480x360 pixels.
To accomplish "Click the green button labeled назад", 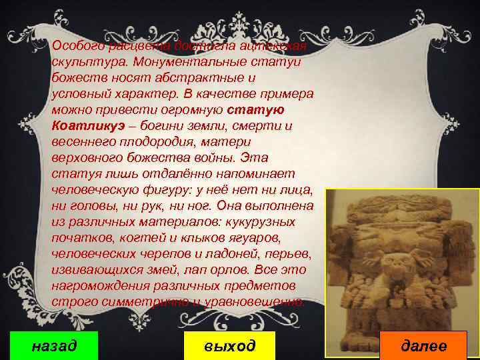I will coord(55,345).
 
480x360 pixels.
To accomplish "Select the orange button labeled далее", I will coord(424,345).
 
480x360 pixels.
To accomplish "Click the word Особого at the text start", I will coord(77,45).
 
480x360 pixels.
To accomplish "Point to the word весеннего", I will coord(83,141).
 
